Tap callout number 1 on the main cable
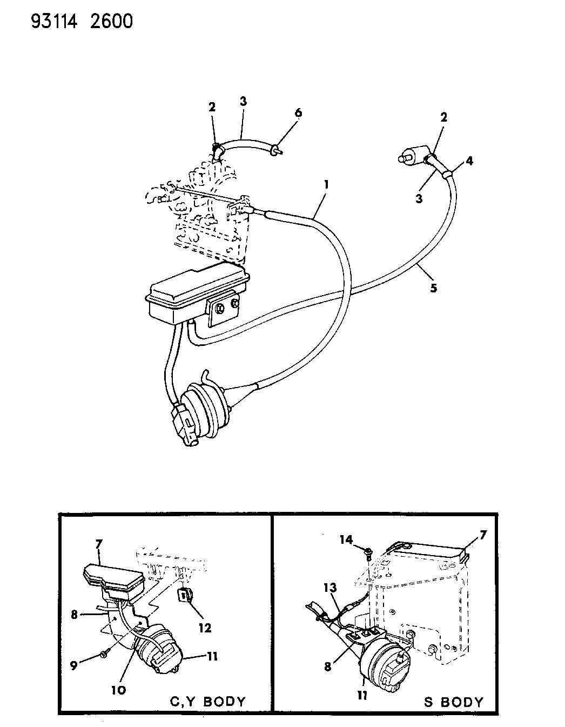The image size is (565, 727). coord(326,184)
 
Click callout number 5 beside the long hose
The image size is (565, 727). coord(433,288)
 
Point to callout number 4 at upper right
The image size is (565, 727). coord(469,161)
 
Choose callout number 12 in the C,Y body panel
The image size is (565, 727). coord(204,628)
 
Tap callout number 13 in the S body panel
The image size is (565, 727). coord(330,588)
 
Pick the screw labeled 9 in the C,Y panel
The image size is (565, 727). coord(103,655)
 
